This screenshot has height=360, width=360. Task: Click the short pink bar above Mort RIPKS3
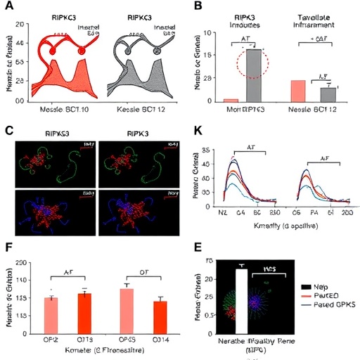[231, 101]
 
